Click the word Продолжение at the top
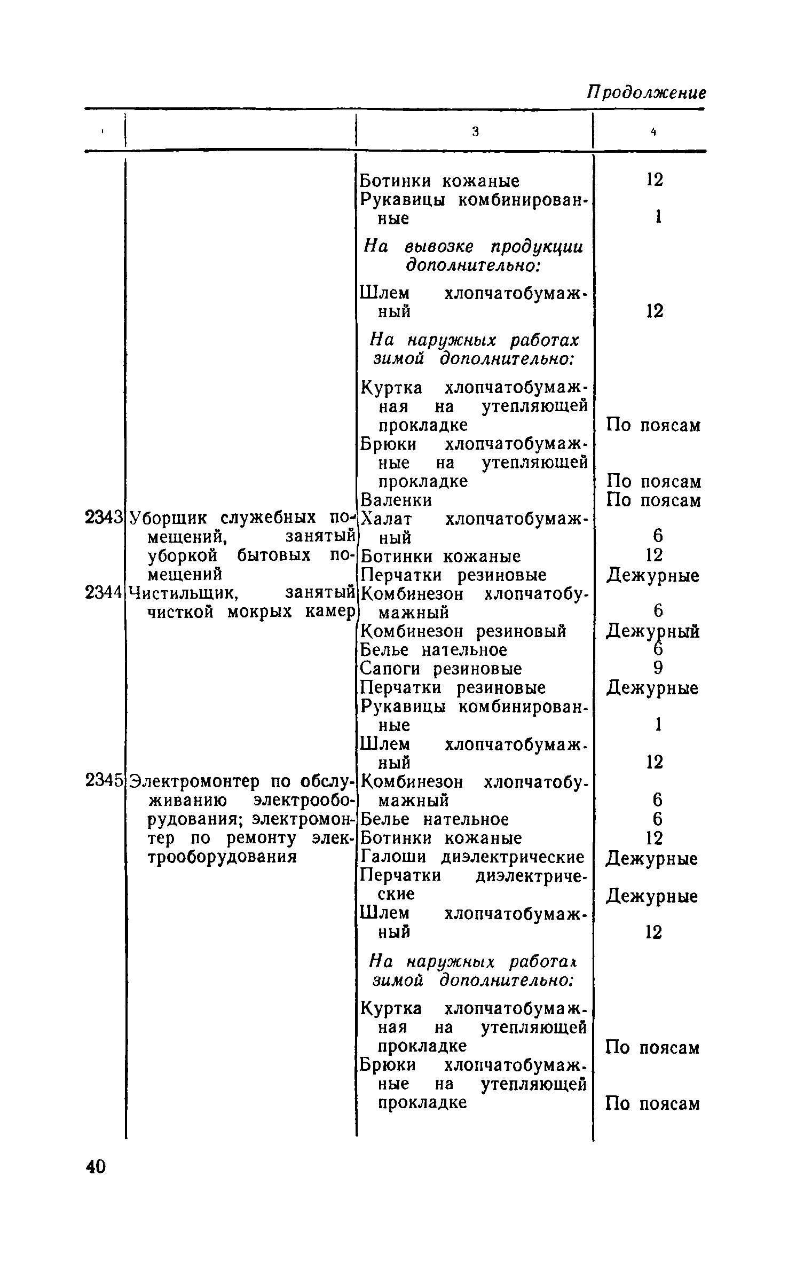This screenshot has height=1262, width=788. (x=647, y=92)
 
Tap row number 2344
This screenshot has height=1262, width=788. (x=104, y=593)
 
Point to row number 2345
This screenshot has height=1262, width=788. (x=104, y=781)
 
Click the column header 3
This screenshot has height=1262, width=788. (x=475, y=132)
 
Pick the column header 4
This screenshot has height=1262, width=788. (x=652, y=132)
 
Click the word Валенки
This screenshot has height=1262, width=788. (x=397, y=500)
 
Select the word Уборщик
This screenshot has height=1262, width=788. (x=171, y=518)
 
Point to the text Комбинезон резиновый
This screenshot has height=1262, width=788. (x=463, y=631)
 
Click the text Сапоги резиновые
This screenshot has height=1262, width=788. (x=442, y=669)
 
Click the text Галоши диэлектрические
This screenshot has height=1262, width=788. (x=472, y=857)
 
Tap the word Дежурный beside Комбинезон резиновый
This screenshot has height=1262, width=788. (x=652, y=632)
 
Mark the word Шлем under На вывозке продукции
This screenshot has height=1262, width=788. (x=385, y=293)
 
